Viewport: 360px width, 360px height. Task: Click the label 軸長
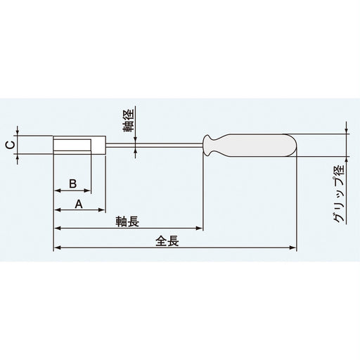click(x=127, y=221)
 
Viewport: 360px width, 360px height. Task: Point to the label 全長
click(x=169, y=240)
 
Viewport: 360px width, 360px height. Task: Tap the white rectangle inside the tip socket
click(x=73, y=146)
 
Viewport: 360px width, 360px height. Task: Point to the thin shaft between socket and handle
click(x=155, y=146)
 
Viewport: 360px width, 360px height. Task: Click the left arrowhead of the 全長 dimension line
click(x=56, y=247)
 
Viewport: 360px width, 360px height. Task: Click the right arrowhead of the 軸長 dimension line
click(x=200, y=228)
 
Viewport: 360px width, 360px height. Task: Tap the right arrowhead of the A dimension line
click(x=103, y=210)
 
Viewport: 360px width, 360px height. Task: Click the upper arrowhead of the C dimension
click(x=18, y=133)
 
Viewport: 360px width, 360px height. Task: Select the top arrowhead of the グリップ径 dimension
click(x=347, y=129)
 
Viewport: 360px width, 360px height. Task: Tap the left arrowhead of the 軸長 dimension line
click(x=56, y=228)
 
